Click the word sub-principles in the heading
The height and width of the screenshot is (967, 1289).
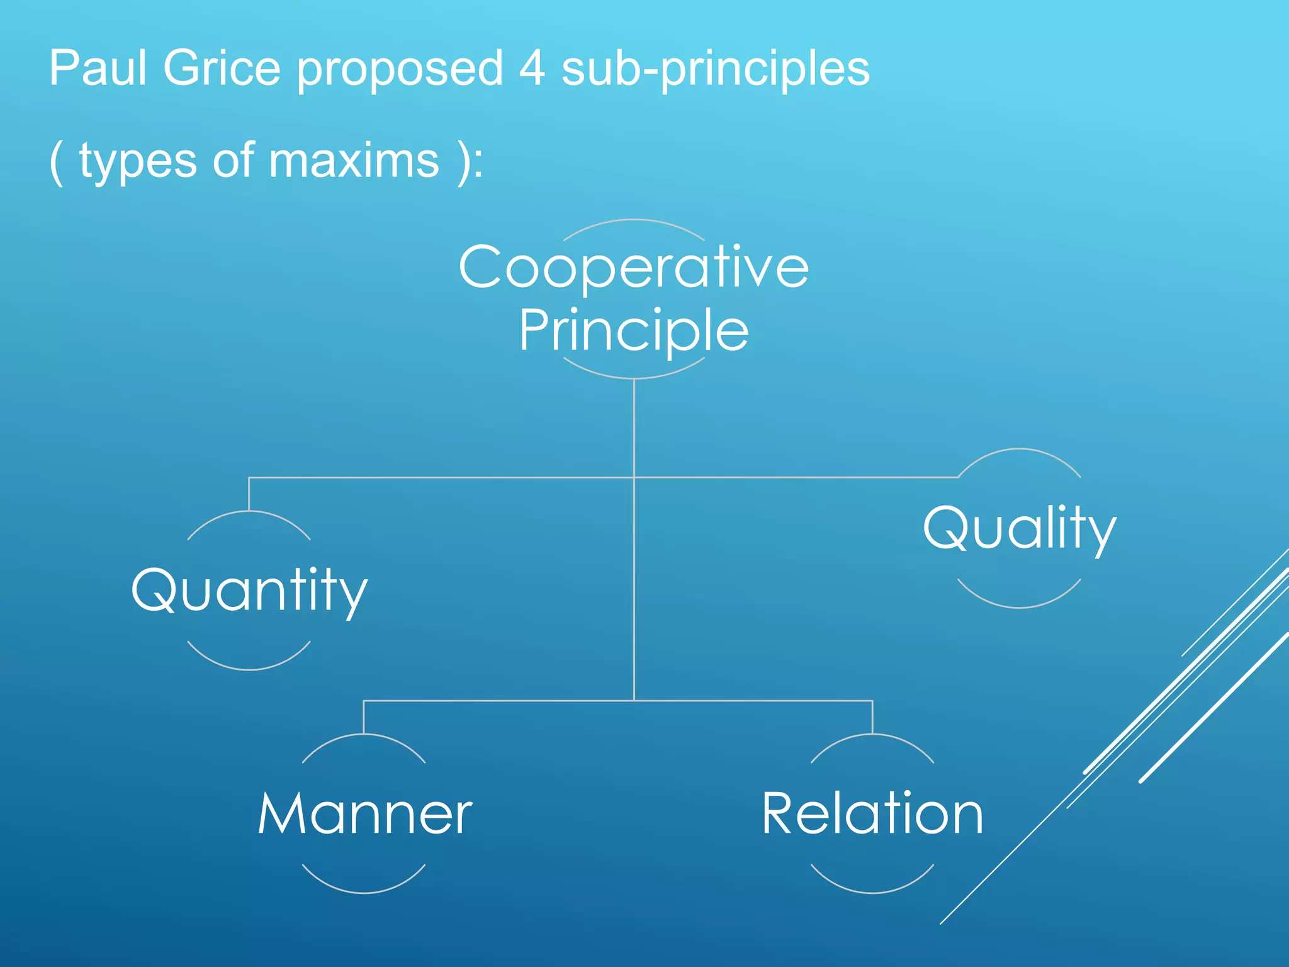[715, 69]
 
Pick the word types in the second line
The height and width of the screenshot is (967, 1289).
[138, 161]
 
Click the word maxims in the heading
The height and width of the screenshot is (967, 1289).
[354, 160]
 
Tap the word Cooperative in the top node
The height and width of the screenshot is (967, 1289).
[634, 267]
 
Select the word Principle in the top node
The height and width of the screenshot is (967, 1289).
[634, 330]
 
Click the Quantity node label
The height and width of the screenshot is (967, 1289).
[249, 590]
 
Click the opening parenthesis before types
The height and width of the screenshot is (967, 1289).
[57, 161]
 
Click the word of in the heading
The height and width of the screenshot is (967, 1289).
[234, 160]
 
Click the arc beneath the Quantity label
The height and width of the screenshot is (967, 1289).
[249, 669]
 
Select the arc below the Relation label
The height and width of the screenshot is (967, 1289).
[872, 892]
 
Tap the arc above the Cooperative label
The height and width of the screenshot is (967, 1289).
[634, 220]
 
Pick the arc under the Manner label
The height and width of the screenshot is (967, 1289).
[364, 892]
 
